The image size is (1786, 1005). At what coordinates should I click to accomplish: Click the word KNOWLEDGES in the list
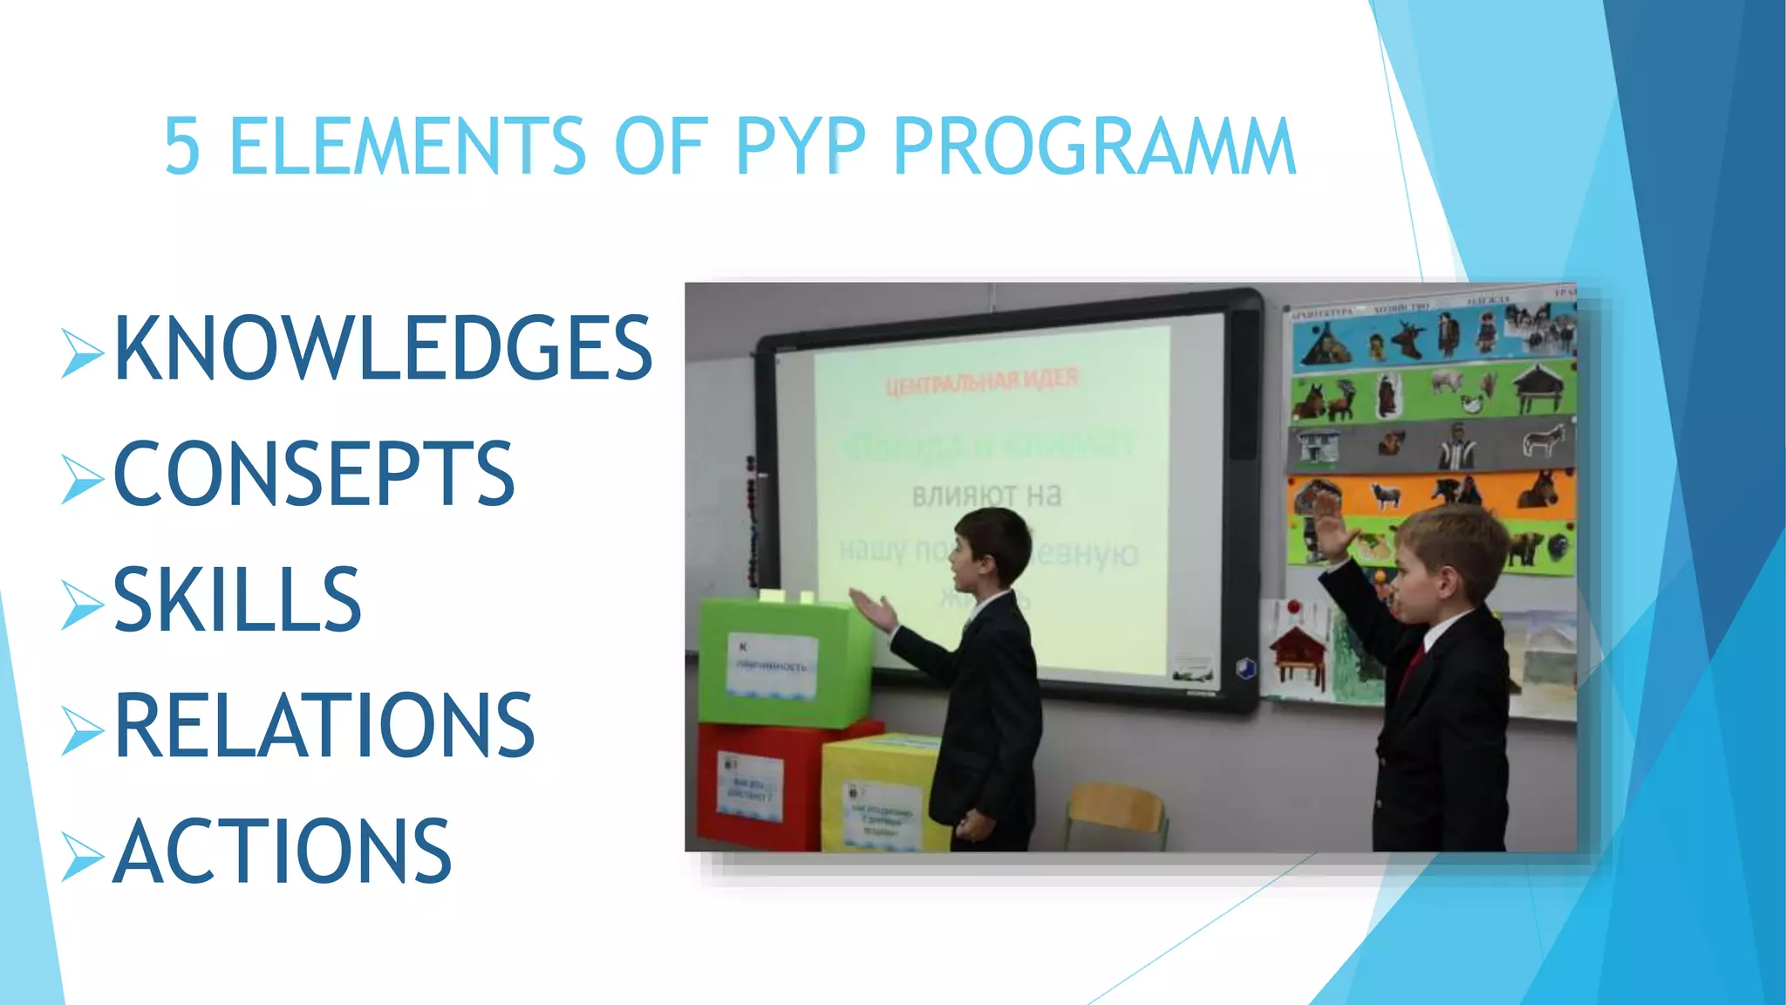[384, 348]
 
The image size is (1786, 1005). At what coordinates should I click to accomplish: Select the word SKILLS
[237, 599]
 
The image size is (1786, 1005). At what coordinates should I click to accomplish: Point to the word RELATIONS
[324, 725]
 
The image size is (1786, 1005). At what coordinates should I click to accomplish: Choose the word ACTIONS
[283, 851]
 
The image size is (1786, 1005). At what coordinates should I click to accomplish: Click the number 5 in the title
[182, 147]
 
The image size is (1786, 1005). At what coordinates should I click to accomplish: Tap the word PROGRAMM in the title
[1094, 147]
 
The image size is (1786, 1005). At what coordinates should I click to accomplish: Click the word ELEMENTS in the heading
[407, 147]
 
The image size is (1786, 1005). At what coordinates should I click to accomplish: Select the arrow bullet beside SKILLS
[83, 604]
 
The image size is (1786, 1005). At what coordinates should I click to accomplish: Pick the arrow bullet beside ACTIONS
[83, 855]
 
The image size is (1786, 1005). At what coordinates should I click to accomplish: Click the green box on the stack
[785, 663]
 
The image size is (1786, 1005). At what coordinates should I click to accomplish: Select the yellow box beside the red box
[881, 794]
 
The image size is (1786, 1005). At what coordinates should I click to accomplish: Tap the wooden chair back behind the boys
[1116, 807]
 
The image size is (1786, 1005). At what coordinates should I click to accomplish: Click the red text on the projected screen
[982, 382]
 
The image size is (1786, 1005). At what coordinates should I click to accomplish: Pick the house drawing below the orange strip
[1299, 650]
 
